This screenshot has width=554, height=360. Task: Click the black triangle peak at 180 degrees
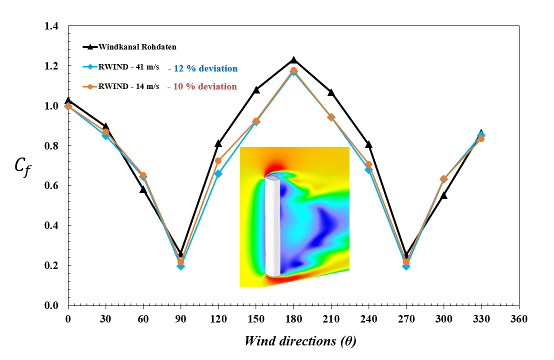click(x=293, y=60)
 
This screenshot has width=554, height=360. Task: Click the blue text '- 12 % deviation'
click(x=202, y=68)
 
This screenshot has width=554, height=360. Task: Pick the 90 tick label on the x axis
click(x=180, y=318)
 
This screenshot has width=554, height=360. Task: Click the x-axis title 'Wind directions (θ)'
click(x=300, y=341)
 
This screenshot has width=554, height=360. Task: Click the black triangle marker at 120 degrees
click(x=218, y=143)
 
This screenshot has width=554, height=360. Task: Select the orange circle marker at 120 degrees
click(x=218, y=161)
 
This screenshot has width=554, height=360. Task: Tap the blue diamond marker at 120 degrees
click(x=218, y=174)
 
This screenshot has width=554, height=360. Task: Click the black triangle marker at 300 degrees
click(x=444, y=195)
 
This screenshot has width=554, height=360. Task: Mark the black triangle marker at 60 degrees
click(x=143, y=189)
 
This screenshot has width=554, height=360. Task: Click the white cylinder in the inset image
click(x=272, y=225)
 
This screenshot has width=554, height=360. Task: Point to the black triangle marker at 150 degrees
click(x=256, y=90)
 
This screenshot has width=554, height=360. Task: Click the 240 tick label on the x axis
click(x=368, y=318)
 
